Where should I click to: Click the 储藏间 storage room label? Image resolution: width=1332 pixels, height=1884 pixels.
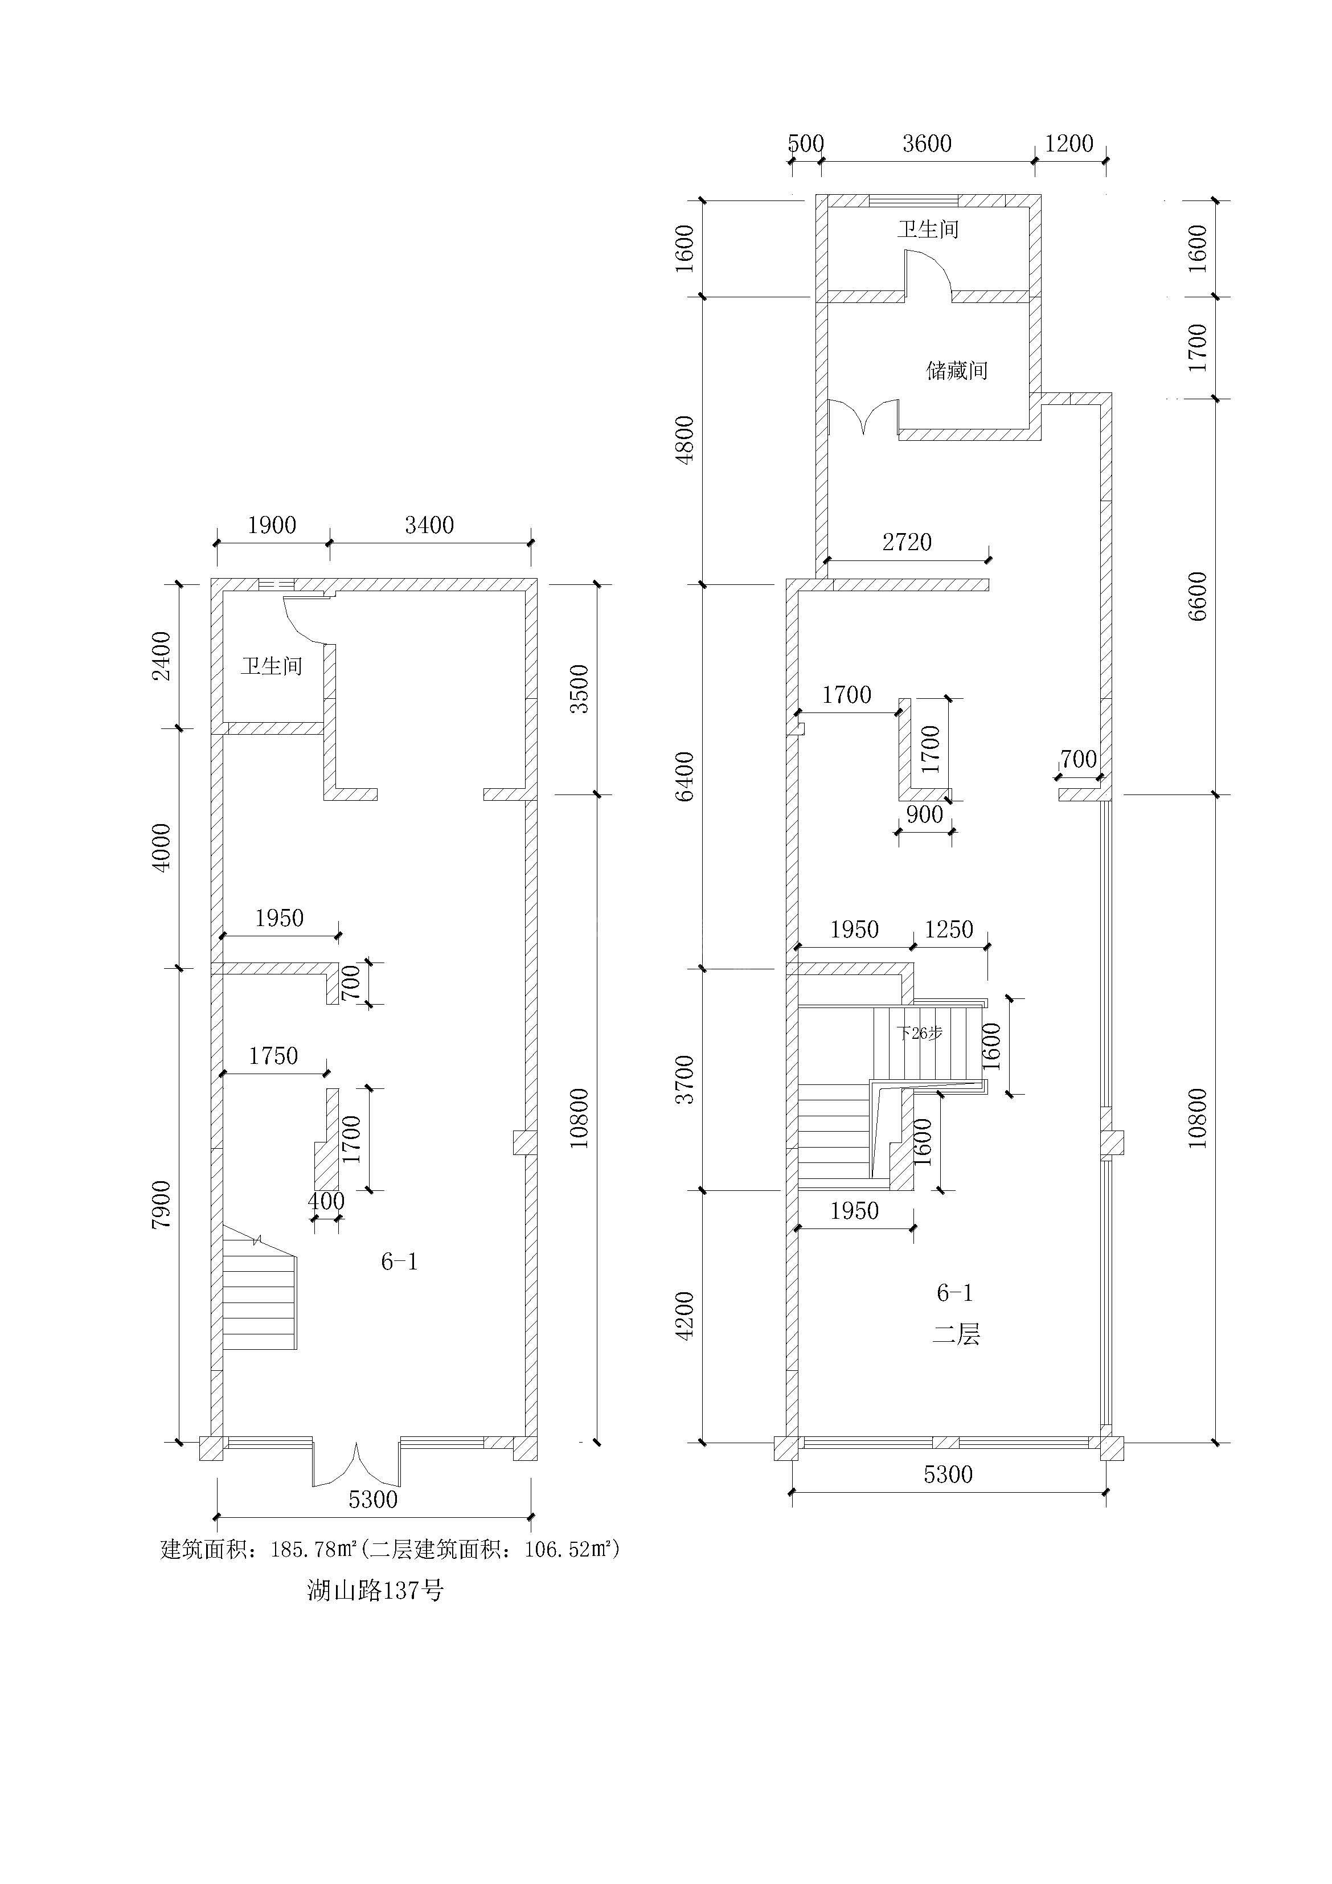pos(956,371)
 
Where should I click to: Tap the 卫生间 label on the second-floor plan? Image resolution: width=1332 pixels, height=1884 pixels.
pos(928,229)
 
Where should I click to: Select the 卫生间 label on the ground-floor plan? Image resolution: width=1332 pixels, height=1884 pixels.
pos(272,665)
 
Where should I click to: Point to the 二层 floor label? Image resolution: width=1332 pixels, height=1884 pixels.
pos(956,1335)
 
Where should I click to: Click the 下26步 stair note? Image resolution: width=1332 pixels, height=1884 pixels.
pos(919,1033)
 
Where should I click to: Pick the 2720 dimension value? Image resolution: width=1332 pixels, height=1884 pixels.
pos(907,542)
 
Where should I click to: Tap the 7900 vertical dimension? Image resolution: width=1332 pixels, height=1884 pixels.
pos(162,1204)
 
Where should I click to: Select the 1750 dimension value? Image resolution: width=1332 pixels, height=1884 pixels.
pos(273,1055)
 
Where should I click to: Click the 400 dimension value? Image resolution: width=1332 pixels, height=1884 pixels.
pos(326,1201)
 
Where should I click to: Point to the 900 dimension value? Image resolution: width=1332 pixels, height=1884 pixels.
pos(924,814)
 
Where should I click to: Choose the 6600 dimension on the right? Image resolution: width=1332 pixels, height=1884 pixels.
pos(1198,596)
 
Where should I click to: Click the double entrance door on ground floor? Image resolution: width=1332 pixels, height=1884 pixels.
pos(356,1465)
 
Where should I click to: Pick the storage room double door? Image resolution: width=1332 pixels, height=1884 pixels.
pos(863,417)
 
